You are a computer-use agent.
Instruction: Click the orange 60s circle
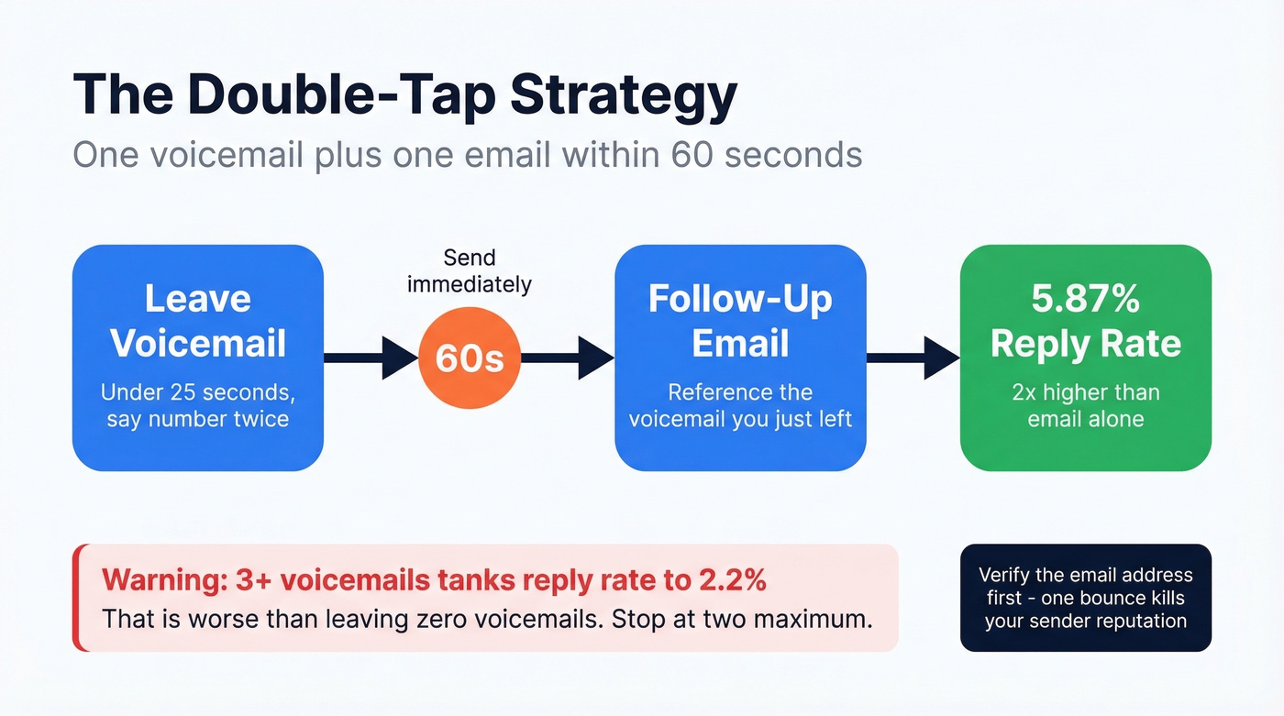coord(469,358)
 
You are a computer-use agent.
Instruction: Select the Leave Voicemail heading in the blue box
coord(198,321)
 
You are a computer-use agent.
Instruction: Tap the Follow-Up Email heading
coord(740,321)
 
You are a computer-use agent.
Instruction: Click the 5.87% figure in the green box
coord(1085,299)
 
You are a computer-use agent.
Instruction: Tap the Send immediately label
coord(469,270)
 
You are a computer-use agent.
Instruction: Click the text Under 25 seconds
coord(198,392)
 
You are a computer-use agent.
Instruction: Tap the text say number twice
coord(198,419)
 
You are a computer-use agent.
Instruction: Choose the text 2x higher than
coord(1085,392)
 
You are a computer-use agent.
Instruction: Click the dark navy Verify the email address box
coord(1085,598)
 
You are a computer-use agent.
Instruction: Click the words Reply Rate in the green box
coord(1085,344)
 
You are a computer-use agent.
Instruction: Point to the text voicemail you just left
coord(740,419)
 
